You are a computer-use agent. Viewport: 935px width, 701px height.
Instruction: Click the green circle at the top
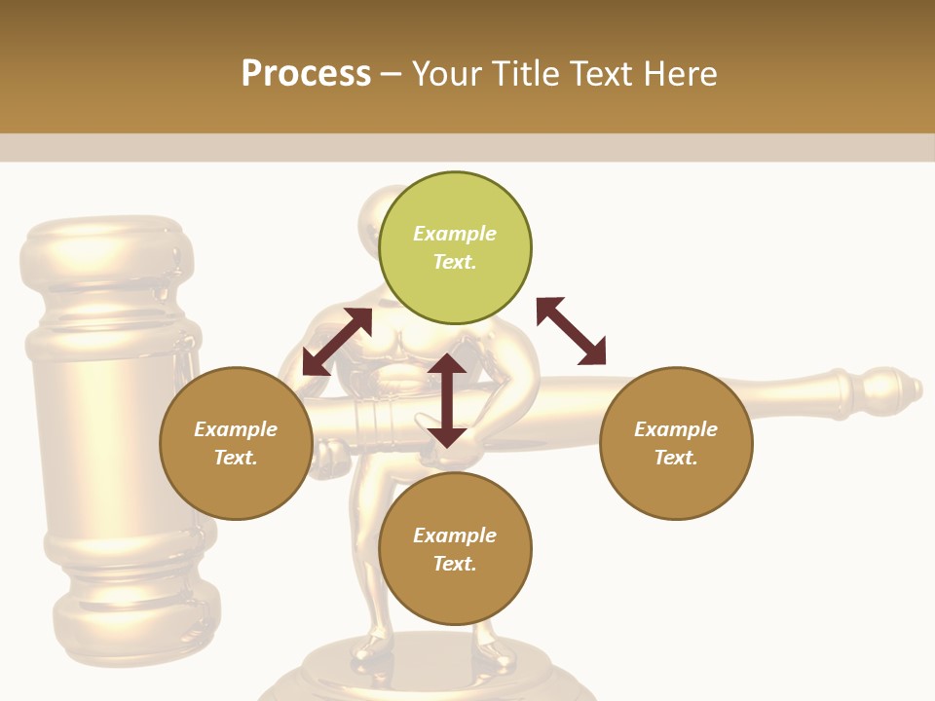pyautogui.click(x=455, y=248)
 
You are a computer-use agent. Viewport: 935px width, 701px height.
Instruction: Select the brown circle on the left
pyautogui.click(x=236, y=444)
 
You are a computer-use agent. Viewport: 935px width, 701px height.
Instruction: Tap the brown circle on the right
pyautogui.click(x=676, y=444)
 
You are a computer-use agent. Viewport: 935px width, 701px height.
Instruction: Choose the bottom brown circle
pyautogui.click(x=455, y=549)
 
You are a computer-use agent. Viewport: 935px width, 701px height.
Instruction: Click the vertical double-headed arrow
pyautogui.click(x=447, y=400)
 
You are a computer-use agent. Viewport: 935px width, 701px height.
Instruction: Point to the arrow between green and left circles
pyautogui.click(x=337, y=342)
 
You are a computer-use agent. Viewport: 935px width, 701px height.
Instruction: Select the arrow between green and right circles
pyautogui.click(x=572, y=331)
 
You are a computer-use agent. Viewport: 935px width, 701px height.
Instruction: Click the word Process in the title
pyautogui.click(x=306, y=73)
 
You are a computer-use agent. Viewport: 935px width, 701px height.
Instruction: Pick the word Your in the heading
pyautogui.click(x=443, y=73)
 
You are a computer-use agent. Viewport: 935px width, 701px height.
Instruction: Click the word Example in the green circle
pyautogui.click(x=455, y=234)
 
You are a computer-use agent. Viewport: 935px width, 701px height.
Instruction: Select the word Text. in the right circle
pyautogui.click(x=676, y=458)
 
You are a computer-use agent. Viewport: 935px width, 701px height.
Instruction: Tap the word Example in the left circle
pyautogui.click(x=236, y=429)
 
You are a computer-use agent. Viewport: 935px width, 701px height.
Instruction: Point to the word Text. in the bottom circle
pyautogui.click(x=455, y=564)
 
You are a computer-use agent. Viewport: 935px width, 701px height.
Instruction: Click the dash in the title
pyautogui.click(x=392, y=74)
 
